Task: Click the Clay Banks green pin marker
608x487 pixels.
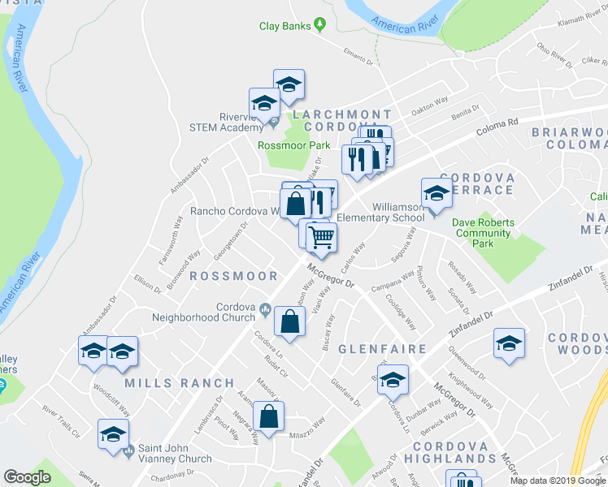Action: pos(320,26)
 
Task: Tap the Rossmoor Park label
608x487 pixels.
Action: pos(293,145)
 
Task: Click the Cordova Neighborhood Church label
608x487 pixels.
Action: pos(236,312)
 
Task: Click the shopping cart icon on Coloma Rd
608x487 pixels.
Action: pos(322,237)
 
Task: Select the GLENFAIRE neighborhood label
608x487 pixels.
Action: pos(383,349)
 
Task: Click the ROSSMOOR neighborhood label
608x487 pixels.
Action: pos(233,276)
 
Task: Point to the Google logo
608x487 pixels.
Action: pos(28,477)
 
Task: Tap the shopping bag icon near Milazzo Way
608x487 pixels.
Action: pos(268,418)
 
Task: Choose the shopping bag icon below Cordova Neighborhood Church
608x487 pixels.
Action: pos(289,322)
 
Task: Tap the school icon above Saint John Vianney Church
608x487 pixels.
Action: pos(113,434)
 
